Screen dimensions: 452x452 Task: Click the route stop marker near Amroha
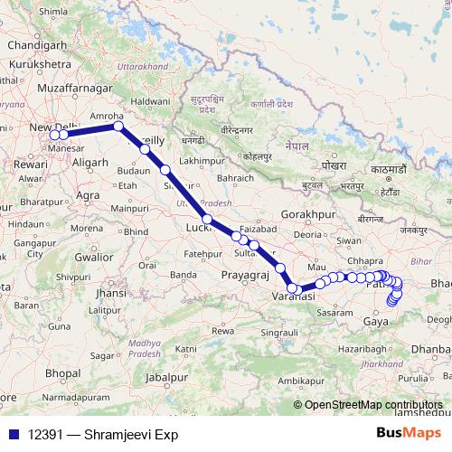coord(118,127)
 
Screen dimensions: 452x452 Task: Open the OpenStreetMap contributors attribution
coord(374,405)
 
